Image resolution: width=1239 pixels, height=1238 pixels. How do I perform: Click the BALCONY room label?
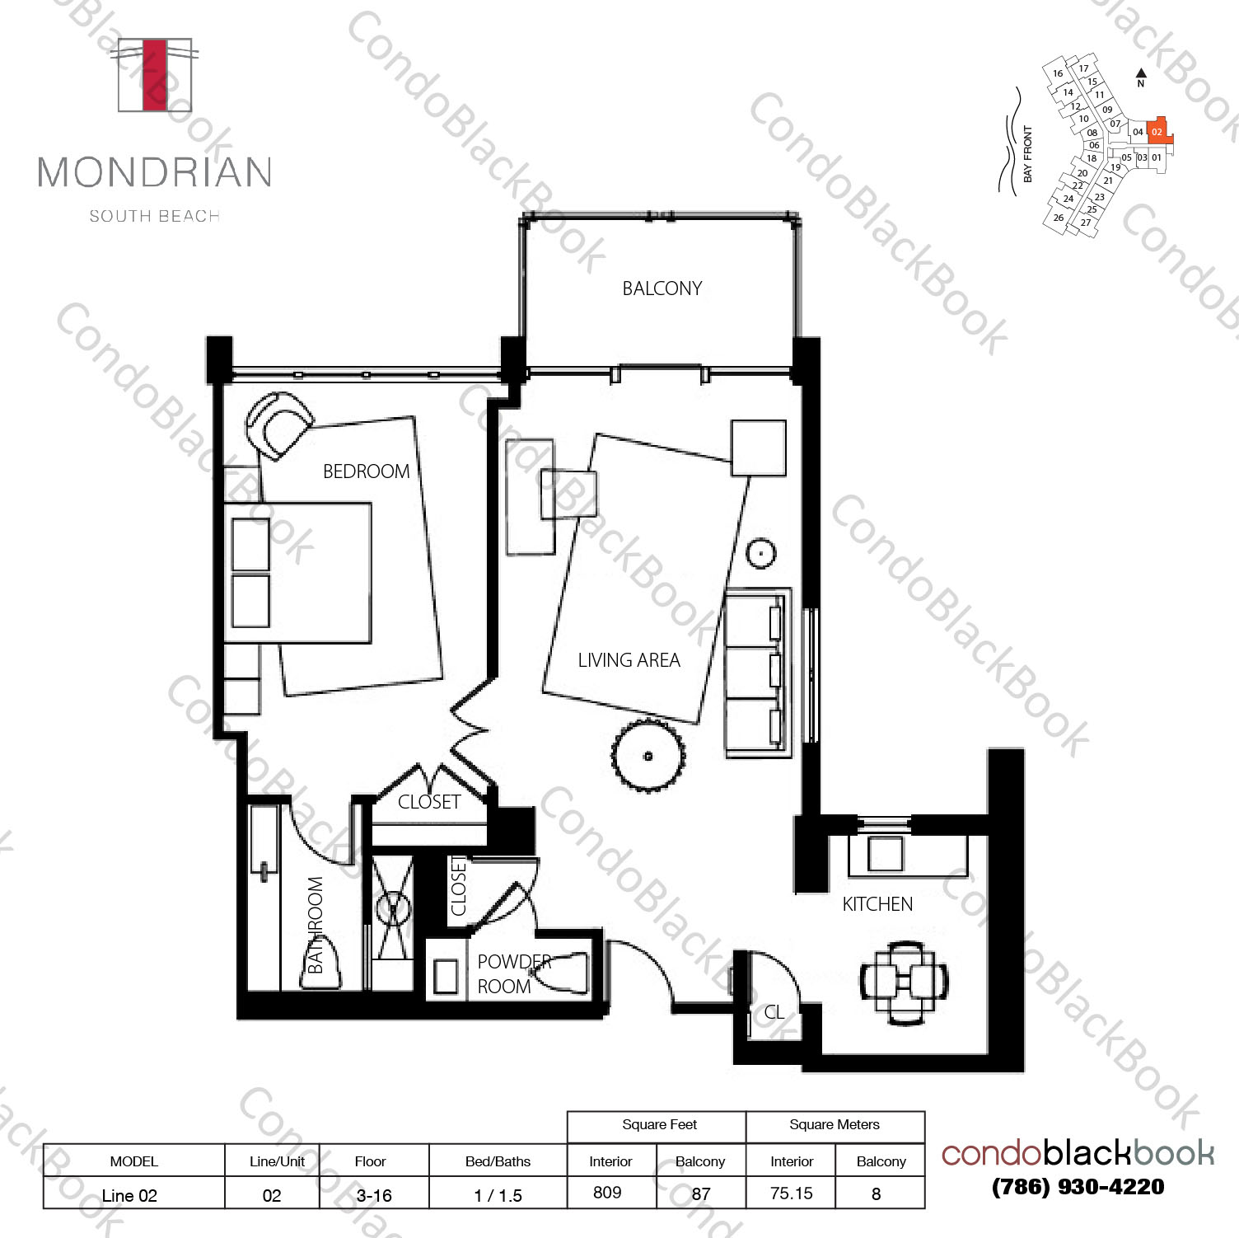click(x=662, y=288)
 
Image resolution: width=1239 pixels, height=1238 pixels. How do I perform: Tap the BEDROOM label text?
click(x=366, y=471)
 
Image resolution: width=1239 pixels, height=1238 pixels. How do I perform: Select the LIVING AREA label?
click(x=629, y=660)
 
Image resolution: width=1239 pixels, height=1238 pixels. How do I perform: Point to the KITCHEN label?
click(x=877, y=904)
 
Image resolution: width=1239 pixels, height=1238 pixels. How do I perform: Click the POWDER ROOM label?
click(x=514, y=974)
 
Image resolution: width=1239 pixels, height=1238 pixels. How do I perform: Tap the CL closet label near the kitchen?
click(x=774, y=1012)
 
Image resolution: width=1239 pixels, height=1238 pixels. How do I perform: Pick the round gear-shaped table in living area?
click(x=648, y=755)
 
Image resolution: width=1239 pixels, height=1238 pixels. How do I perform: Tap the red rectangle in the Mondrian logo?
click(x=154, y=74)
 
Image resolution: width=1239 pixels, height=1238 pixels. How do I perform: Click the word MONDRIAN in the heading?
click(x=155, y=172)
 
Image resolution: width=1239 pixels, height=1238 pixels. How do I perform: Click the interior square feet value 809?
click(x=607, y=1193)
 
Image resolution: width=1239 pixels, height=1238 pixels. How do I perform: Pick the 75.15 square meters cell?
click(x=792, y=1193)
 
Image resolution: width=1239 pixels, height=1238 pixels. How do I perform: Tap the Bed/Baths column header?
click(x=498, y=1161)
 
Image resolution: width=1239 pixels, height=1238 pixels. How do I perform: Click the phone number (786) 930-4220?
click(x=1078, y=1186)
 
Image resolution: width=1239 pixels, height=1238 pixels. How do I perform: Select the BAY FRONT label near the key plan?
click(x=1027, y=154)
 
